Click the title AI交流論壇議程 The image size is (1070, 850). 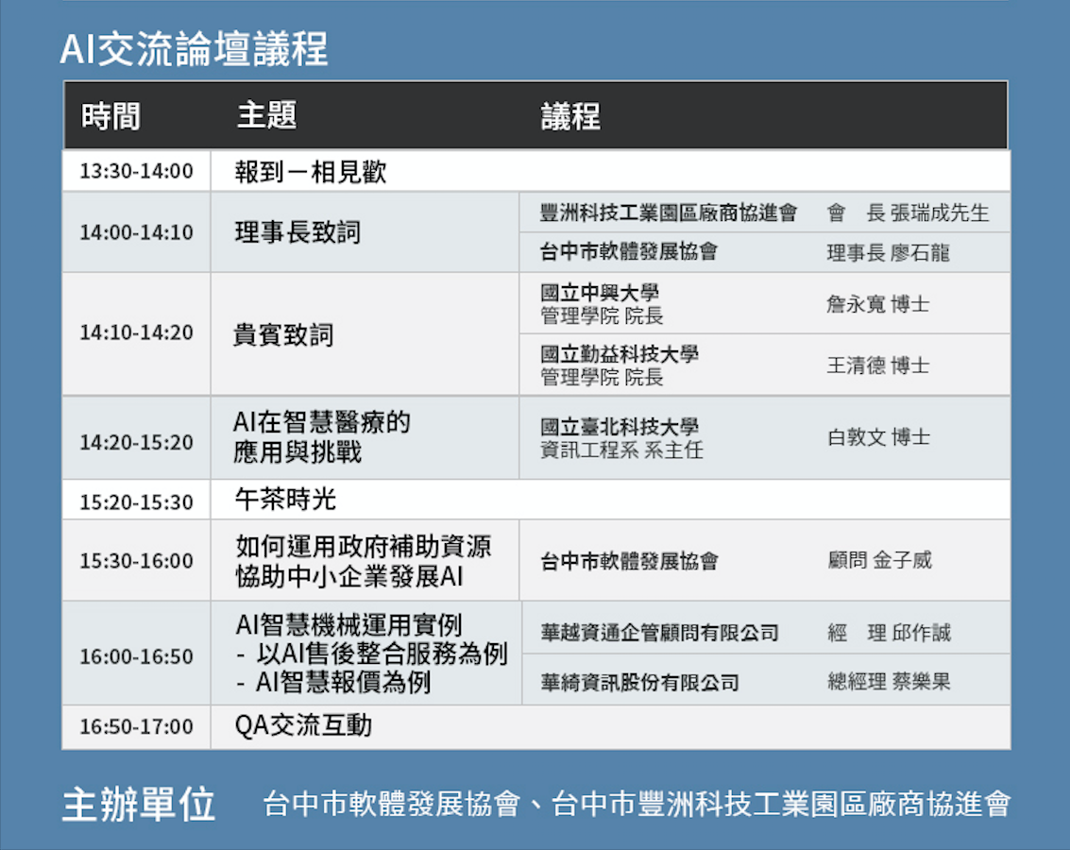[x=194, y=49]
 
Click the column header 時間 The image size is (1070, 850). [x=110, y=116]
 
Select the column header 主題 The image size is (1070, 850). [x=267, y=114]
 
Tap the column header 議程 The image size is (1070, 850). [x=570, y=116]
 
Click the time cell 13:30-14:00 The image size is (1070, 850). [x=137, y=171]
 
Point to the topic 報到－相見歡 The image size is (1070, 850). [x=311, y=171]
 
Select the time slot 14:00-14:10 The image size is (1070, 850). [x=137, y=232]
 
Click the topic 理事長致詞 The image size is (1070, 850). [x=297, y=232]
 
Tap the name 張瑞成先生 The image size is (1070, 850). [x=940, y=212]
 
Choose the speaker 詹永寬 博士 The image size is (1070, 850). [x=877, y=303]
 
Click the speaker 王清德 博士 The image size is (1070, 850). [x=877, y=365]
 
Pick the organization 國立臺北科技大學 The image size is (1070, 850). [x=620, y=427]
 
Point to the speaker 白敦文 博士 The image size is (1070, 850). [x=878, y=436]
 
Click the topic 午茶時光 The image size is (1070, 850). [x=285, y=500]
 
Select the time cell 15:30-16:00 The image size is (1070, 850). [x=137, y=561]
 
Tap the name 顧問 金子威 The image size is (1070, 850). [x=879, y=560]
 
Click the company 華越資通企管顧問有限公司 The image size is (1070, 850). [x=659, y=633]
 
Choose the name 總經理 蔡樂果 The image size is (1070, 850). [x=889, y=681]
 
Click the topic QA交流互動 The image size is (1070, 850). [x=303, y=725]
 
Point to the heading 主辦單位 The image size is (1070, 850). [x=139, y=804]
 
